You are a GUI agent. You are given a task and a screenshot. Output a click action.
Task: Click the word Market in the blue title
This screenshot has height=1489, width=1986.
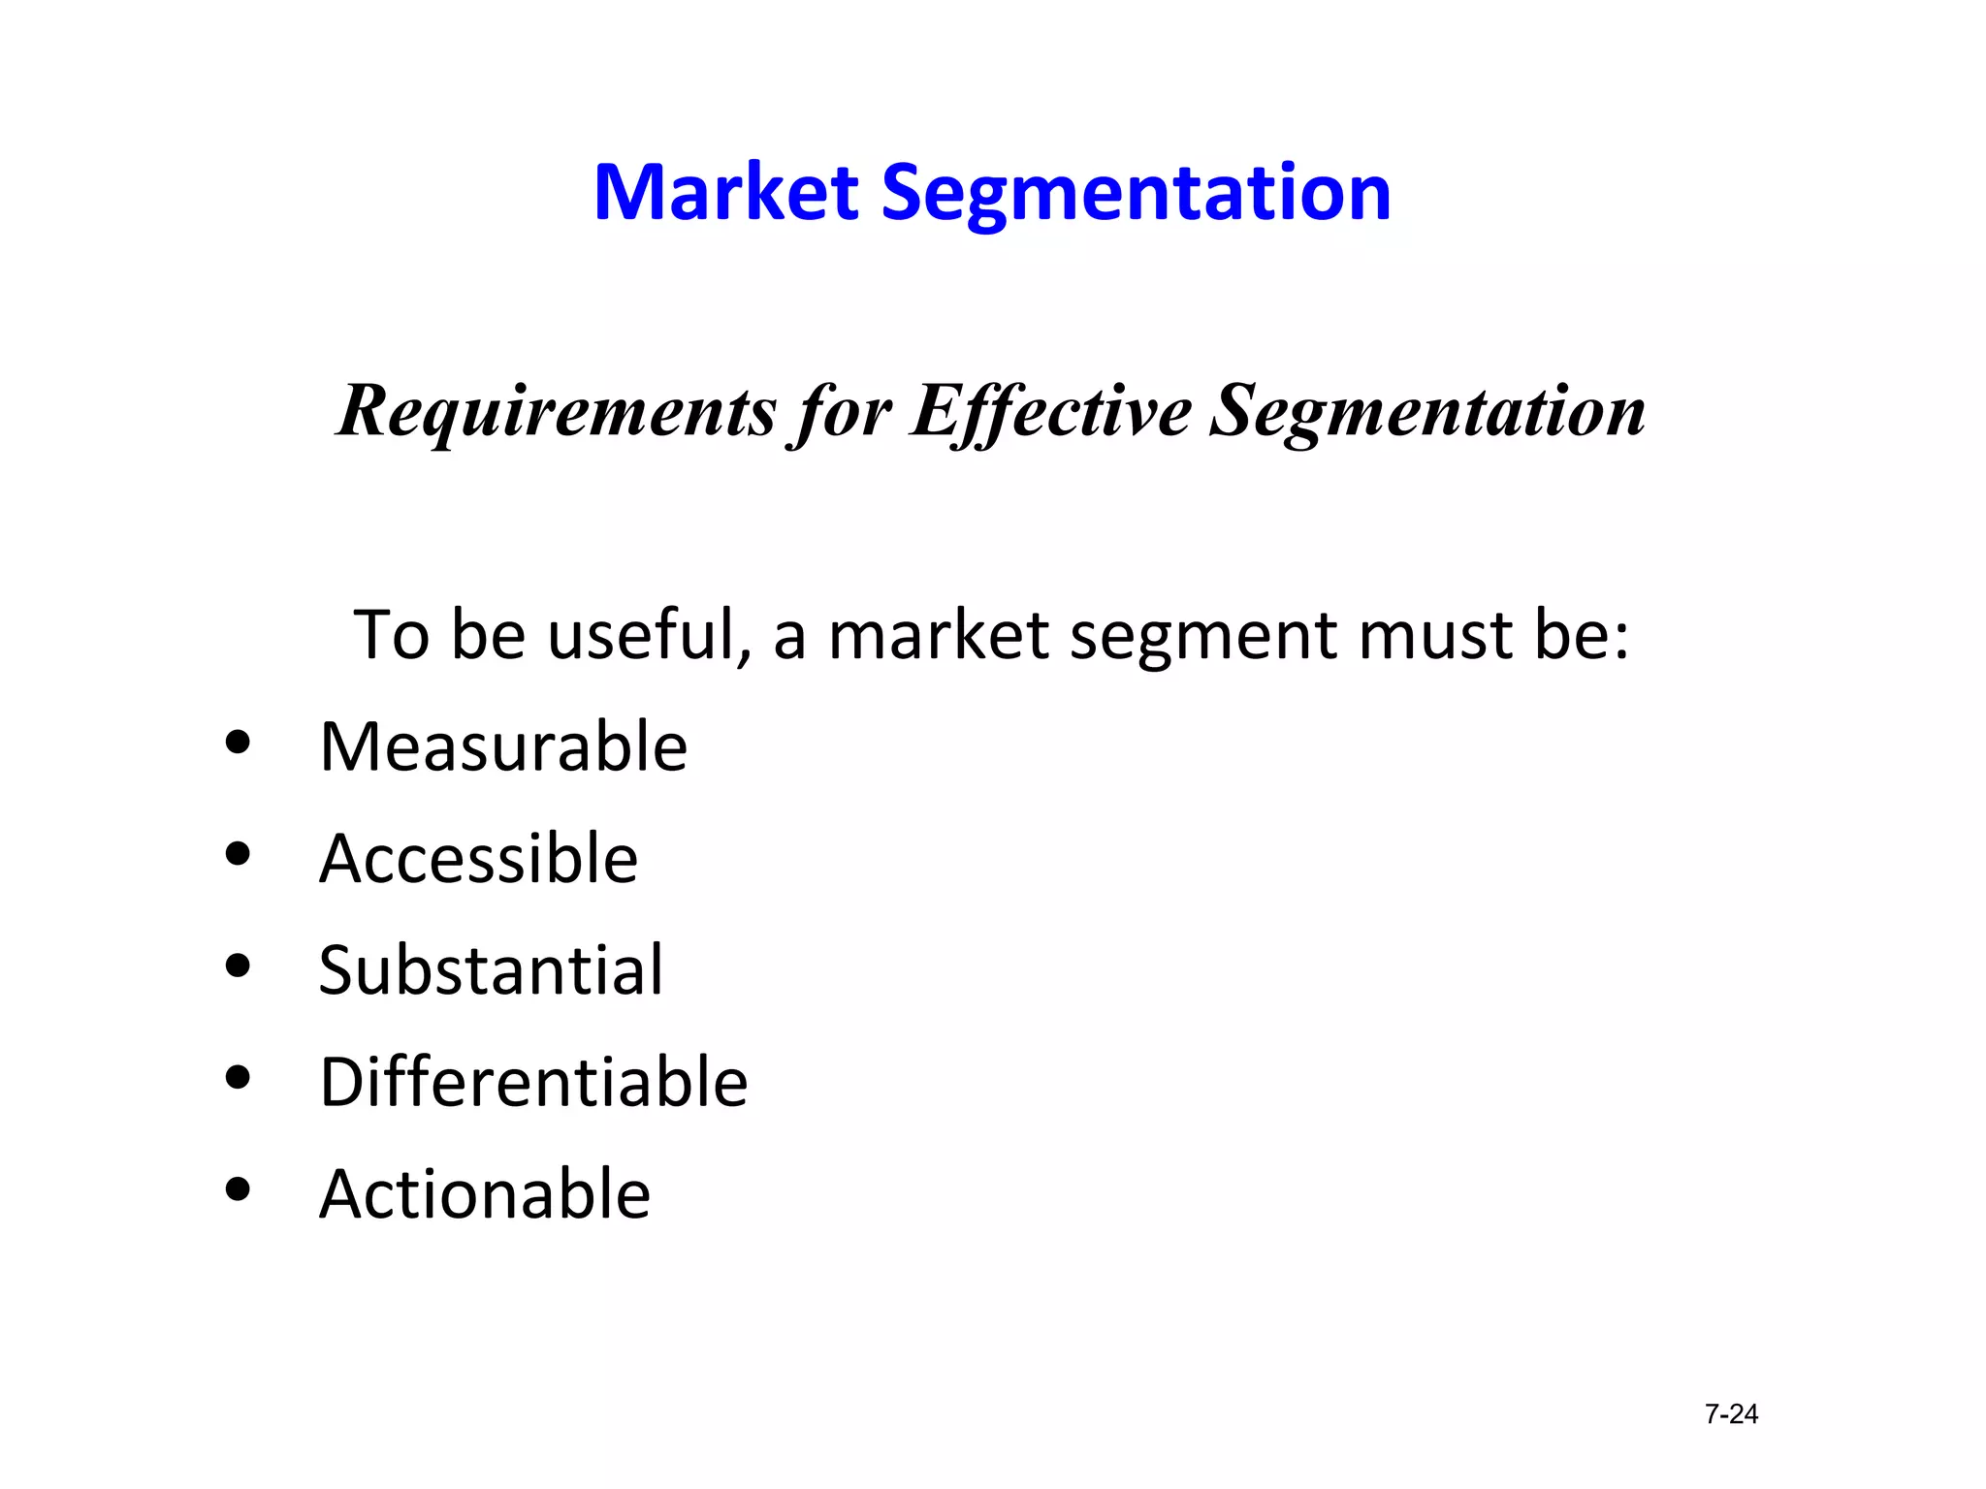(x=725, y=192)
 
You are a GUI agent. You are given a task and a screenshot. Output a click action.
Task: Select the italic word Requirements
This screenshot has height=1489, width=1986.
(x=557, y=411)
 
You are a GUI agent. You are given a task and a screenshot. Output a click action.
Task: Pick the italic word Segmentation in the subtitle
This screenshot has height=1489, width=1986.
(x=1427, y=411)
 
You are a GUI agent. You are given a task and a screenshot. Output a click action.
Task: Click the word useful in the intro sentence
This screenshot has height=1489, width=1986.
(x=649, y=635)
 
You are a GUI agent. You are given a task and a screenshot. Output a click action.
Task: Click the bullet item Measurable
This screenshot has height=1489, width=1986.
(x=503, y=747)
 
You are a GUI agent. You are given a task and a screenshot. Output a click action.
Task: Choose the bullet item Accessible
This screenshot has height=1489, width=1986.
(x=478, y=859)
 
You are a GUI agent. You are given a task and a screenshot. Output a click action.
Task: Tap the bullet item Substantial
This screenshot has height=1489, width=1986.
(x=491, y=970)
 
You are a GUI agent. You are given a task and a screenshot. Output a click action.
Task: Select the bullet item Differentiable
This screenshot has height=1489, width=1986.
(x=533, y=1082)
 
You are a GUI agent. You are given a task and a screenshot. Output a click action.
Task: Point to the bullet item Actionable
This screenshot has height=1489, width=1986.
(x=485, y=1193)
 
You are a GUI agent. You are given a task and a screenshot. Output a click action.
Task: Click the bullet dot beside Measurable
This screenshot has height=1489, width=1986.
(x=238, y=744)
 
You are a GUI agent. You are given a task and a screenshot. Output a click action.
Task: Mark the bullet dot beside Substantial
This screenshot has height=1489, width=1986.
(x=238, y=966)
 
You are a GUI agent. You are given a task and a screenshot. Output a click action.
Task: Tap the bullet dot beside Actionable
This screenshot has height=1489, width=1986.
(x=238, y=1188)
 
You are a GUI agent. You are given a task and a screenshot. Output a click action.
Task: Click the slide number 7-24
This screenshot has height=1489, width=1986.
(x=1731, y=1414)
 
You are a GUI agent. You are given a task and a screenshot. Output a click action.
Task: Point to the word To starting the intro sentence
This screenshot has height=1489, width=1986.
(x=391, y=635)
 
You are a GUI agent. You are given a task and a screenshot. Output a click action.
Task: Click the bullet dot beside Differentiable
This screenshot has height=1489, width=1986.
(x=238, y=1077)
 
